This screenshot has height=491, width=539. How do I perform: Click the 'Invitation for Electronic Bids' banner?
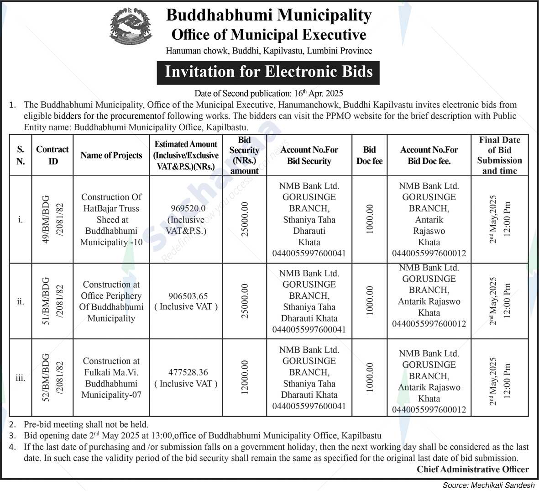coord(268,72)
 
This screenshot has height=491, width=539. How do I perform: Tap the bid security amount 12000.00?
coord(245,378)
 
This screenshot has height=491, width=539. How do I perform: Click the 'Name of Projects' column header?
coord(111,155)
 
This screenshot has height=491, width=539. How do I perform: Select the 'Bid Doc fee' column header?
coord(369,155)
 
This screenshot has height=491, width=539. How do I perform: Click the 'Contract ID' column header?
coord(52,155)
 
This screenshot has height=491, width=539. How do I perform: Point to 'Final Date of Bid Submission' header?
coord(499,155)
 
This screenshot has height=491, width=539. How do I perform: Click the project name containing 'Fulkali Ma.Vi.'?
coord(111,378)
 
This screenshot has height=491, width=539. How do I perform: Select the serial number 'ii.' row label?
coord(21,301)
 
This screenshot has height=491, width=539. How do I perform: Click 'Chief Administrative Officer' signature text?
coord(472,469)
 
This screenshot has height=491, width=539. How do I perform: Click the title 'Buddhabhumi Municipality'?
coord(268,15)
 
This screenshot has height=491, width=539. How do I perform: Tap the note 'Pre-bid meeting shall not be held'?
coord(86,424)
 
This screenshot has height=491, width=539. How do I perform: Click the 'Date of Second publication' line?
coord(268,94)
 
